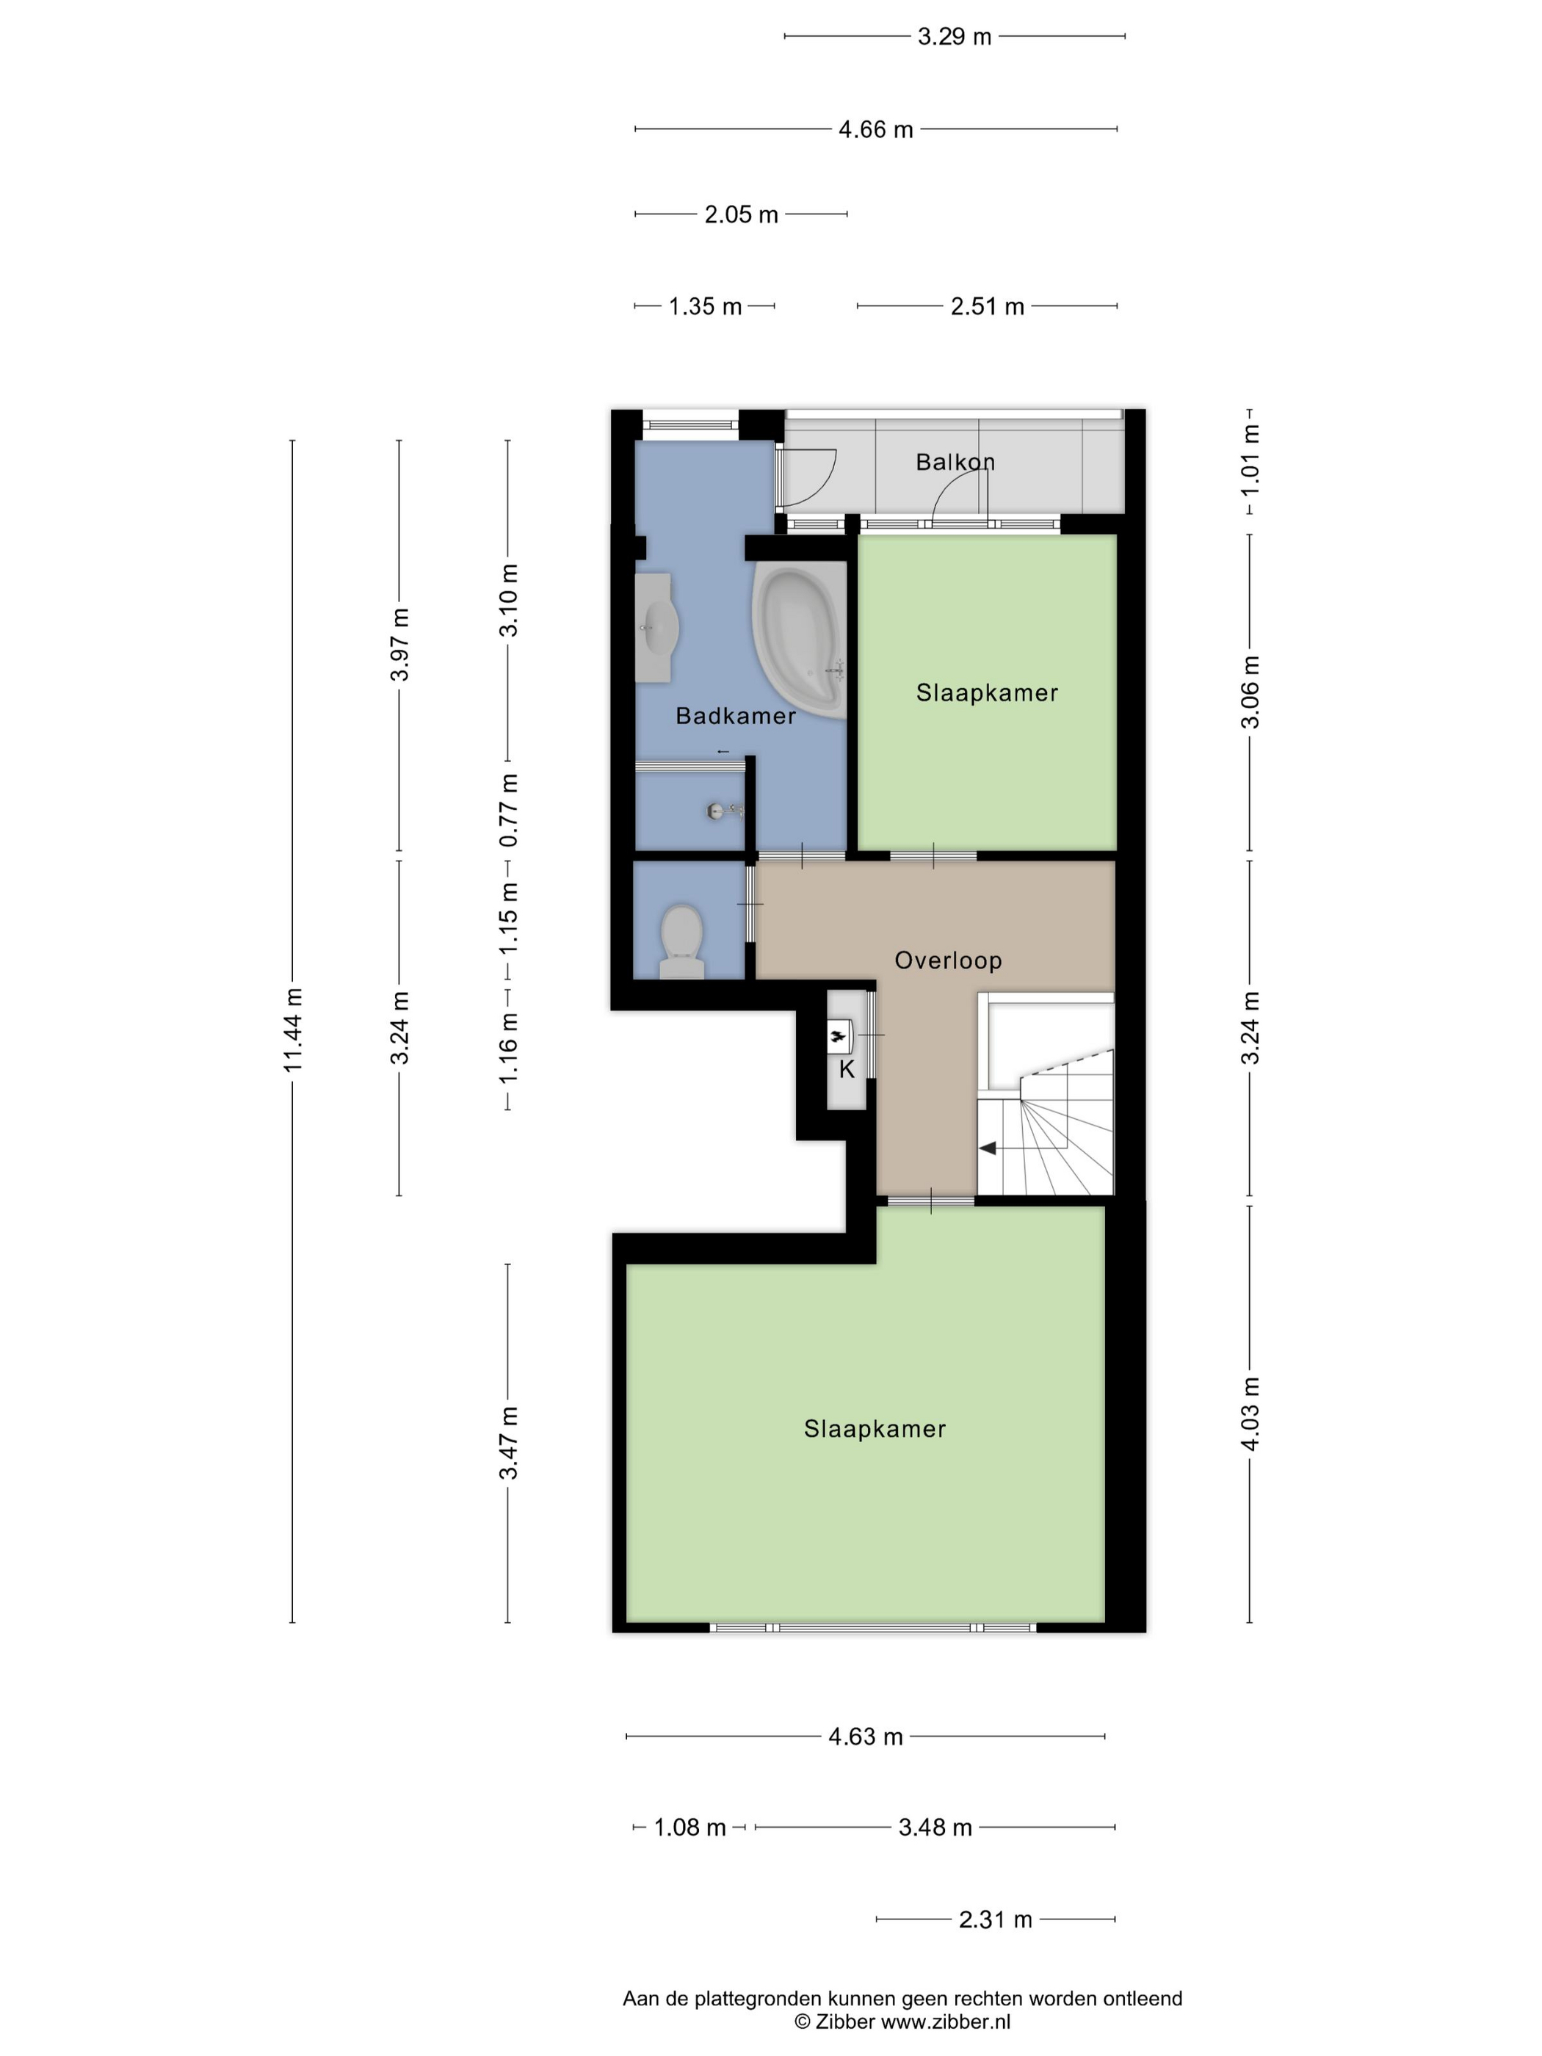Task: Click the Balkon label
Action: (955, 462)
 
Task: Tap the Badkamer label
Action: (735, 716)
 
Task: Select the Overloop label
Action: (948, 960)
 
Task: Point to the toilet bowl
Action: (681, 940)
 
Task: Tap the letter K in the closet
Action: (846, 1069)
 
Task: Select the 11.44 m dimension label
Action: (294, 1030)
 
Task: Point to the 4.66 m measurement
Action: (875, 130)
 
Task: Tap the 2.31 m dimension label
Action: (996, 1919)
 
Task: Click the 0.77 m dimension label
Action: (508, 811)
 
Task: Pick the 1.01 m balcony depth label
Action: (1250, 461)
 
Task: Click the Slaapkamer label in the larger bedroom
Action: (875, 1430)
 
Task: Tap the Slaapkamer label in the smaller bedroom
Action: (987, 692)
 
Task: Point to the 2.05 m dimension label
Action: (741, 214)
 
